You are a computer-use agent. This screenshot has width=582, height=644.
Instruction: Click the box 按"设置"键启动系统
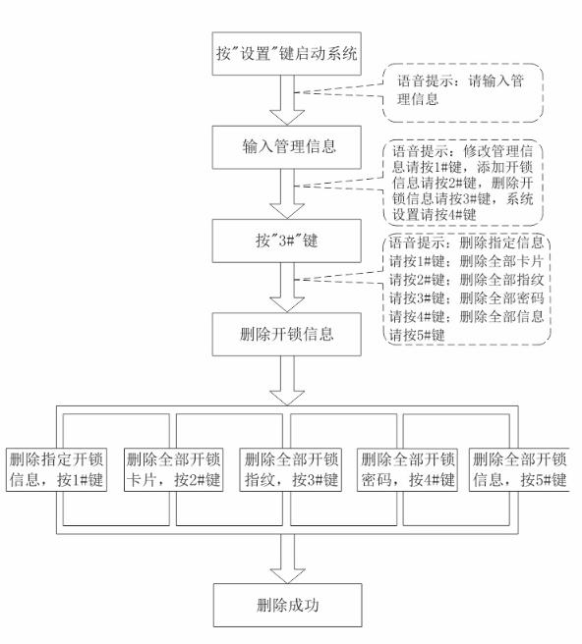click(x=287, y=54)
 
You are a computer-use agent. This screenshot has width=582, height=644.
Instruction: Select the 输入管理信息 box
click(x=287, y=147)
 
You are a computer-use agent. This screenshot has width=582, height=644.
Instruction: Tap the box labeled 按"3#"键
click(x=287, y=241)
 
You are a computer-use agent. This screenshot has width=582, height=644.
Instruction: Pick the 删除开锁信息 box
click(x=287, y=335)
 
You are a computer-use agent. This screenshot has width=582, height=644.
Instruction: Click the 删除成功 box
click(x=287, y=605)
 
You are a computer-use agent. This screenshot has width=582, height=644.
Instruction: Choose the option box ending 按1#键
click(x=56, y=469)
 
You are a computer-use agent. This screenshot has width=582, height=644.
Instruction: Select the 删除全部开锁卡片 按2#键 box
click(x=174, y=469)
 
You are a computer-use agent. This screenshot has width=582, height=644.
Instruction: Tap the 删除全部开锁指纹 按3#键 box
click(x=291, y=469)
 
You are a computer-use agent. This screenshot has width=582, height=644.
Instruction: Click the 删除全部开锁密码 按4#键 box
click(x=407, y=469)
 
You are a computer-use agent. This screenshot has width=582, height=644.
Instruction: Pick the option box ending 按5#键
click(x=519, y=469)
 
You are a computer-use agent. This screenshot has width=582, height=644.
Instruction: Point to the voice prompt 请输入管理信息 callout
click(x=463, y=93)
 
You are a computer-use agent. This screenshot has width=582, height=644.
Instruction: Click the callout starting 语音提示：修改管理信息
click(x=463, y=183)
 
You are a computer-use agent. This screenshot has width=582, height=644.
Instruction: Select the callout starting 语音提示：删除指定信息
click(x=468, y=289)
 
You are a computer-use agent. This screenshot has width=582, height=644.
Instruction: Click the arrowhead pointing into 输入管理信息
click(x=287, y=118)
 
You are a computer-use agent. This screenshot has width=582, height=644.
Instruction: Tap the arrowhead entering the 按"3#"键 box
click(x=287, y=211)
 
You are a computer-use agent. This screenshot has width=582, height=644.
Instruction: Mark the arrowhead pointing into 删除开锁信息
click(x=287, y=305)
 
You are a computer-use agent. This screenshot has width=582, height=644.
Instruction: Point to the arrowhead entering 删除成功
click(x=287, y=576)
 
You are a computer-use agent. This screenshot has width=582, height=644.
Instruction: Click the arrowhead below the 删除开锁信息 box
click(x=287, y=398)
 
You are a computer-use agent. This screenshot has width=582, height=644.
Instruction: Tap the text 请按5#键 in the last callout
click(x=417, y=335)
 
